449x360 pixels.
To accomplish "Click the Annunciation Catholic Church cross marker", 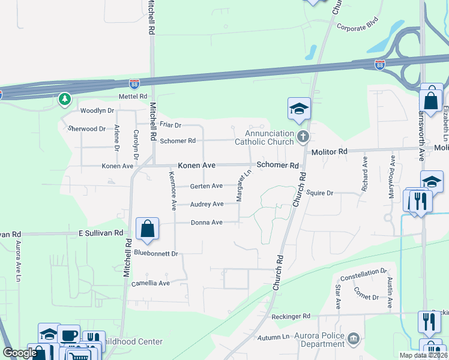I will coord(303,137).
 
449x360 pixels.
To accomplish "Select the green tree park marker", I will coord(65,99).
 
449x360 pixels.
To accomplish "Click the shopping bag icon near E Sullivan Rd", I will coord(147,229).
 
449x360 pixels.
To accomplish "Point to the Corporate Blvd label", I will coord(359,27).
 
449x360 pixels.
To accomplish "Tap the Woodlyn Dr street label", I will coord(97,111).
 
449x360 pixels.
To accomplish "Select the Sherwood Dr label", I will coord(86,128).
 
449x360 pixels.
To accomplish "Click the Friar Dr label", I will coord(170,125).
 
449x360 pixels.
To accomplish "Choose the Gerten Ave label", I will coord(206,186).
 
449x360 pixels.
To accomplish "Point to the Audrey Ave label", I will coord(206,204).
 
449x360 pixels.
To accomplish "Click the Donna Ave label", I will coord(206,222).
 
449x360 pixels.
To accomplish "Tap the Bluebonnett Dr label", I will coord(157,254).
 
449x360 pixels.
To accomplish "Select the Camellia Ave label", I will coord(151,283).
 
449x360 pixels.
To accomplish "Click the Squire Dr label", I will coord(319,193).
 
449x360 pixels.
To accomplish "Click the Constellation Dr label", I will coord(363,277).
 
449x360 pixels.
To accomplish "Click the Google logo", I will coord(20,353).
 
